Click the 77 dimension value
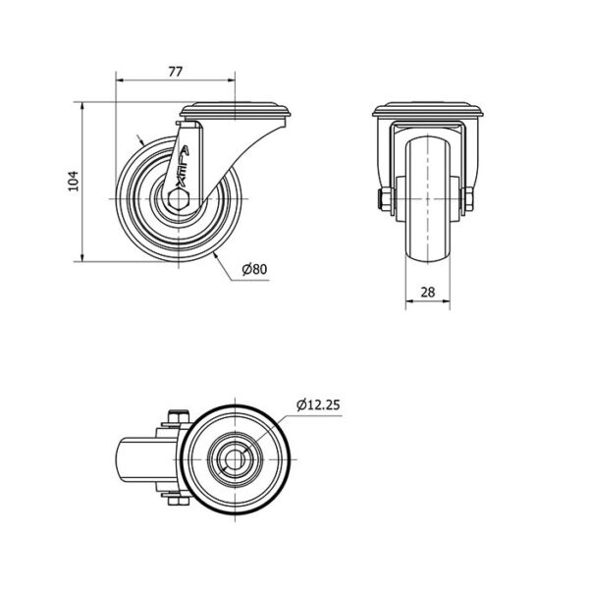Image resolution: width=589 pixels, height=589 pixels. pos(175,72)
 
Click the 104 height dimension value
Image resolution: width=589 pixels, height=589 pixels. pos(74,181)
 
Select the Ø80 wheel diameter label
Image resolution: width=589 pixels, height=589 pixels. pos(254,269)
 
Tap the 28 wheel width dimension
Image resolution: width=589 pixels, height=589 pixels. pos(428,292)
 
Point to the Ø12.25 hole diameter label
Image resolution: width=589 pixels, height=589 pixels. pos(318,404)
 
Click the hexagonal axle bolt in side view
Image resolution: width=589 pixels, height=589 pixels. pos(178,198)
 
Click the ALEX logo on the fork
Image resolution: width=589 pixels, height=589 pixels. pos(181,167)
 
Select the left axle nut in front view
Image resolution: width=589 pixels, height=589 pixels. pos(385,199)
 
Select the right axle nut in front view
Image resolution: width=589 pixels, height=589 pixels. pos(468,199)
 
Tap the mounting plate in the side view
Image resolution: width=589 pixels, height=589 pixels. pos(236,109)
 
